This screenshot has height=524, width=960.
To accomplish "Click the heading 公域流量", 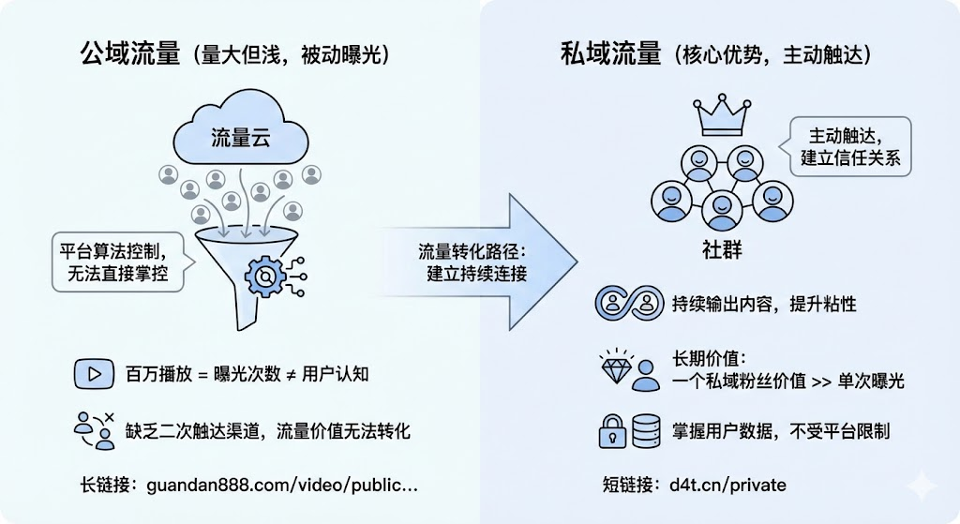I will [x=129, y=54].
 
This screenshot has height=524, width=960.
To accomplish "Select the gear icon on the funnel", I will [x=265, y=277].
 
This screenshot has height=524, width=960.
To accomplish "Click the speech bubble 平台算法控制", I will [x=116, y=262].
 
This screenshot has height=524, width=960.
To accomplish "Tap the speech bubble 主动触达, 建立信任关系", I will [x=850, y=145].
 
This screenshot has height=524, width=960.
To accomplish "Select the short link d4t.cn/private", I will [x=727, y=486].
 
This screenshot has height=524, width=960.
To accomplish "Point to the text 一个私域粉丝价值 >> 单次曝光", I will [x=787, y=382].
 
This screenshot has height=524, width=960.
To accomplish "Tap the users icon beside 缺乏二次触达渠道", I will [x=94, y=429].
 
